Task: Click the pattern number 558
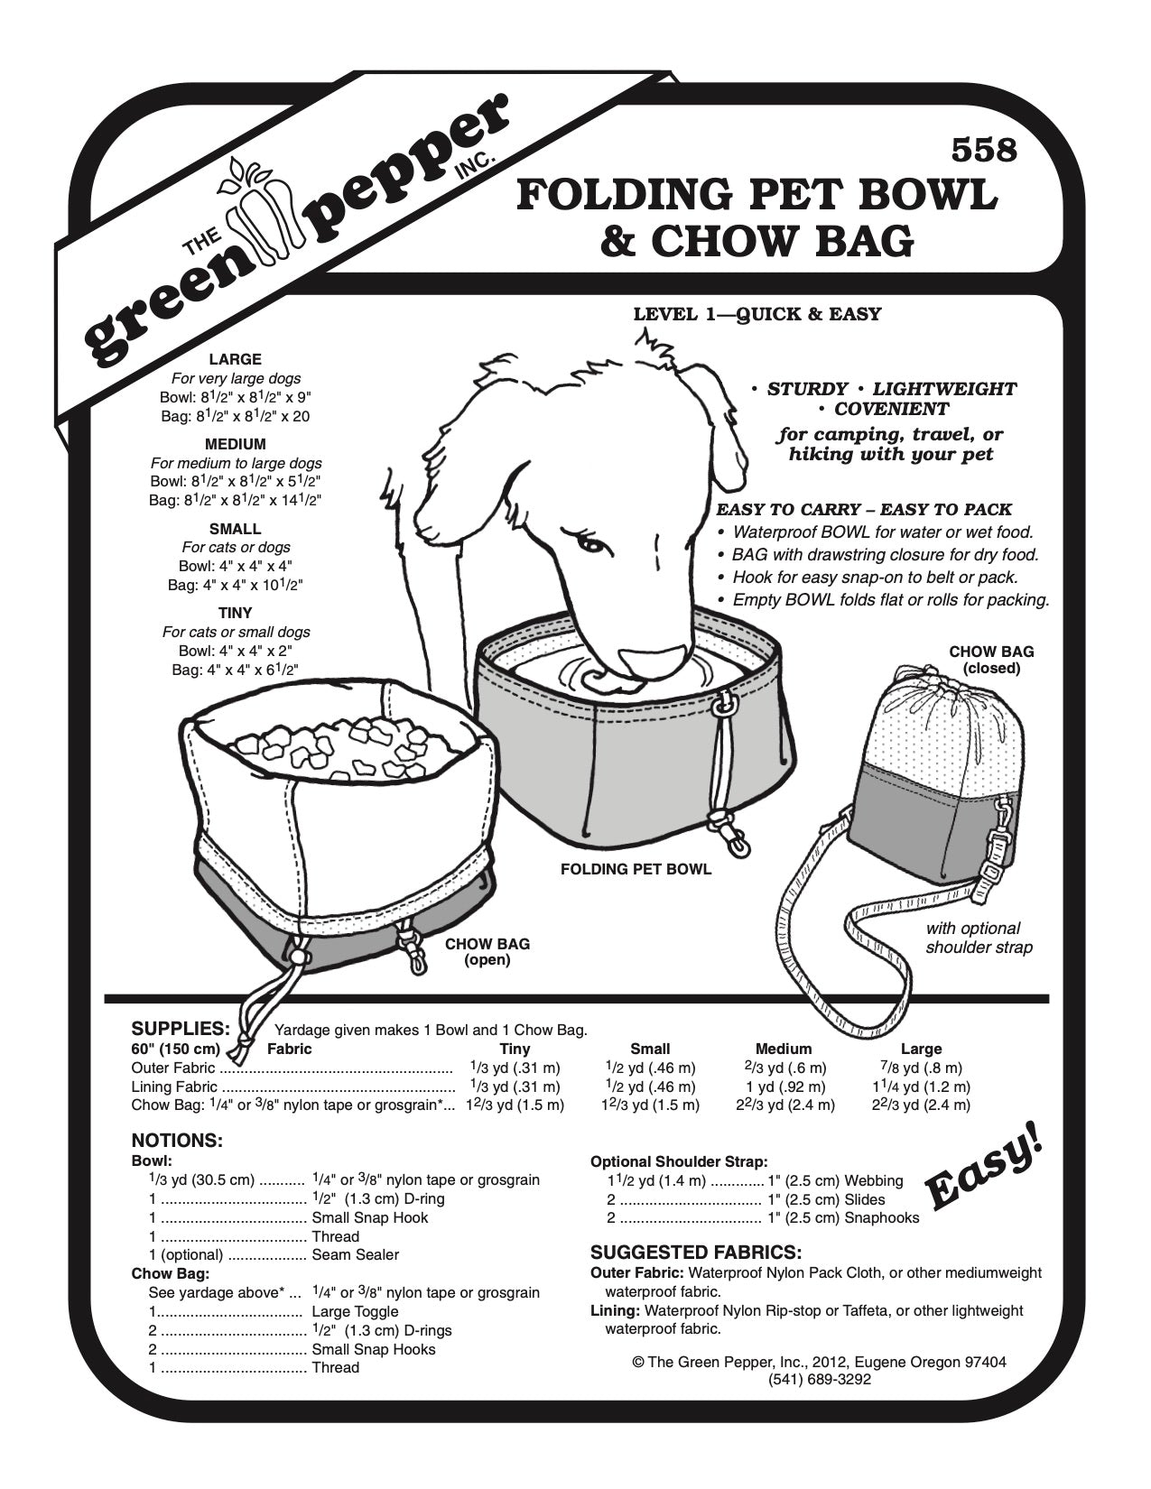(x=984, y=150)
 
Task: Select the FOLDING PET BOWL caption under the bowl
(x=636, y=870)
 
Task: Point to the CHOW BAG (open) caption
(x=487, y=952)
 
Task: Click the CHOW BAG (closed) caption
(x=991, y=660)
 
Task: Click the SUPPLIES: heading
(x=181, y=1029)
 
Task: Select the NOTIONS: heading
(x=177, y=1141)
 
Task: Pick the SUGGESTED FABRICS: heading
(x=696, y=1253)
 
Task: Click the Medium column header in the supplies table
(x=784, y=1050)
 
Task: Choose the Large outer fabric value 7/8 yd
(x=920, y=1068)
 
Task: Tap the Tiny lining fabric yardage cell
(x=515, y=1087)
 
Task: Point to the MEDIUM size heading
(x=235, y=444)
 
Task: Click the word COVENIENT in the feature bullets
(x=891, y=409)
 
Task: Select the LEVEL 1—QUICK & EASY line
(x=757, y=315)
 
